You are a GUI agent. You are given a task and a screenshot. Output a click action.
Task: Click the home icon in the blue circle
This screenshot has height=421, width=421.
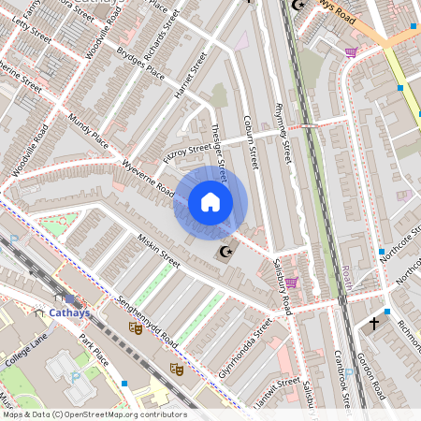coord(210,202)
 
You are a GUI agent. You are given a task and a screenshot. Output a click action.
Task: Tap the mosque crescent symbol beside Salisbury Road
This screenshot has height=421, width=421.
coord(224,252)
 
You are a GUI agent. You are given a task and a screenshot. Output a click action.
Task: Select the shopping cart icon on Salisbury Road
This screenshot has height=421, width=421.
coord(291,282)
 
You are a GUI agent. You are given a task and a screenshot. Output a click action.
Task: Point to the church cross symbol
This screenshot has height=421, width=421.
coord(374,324)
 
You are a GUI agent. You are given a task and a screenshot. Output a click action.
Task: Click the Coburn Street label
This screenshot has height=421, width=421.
coord(250,141)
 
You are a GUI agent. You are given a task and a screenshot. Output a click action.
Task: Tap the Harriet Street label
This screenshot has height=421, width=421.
coord(189,81)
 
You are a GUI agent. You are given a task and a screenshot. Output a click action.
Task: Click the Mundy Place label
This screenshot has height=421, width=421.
coord(89,133)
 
